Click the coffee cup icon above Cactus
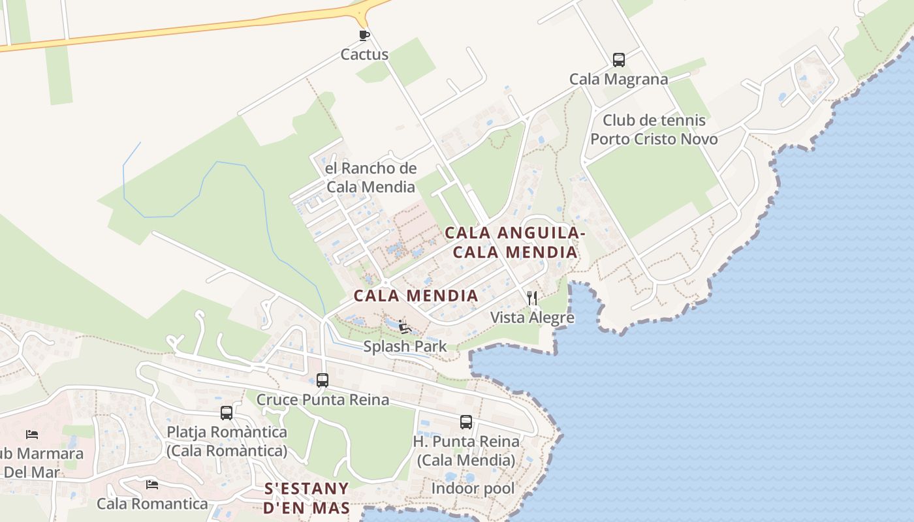click(364, 35)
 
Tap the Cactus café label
click(364, 55)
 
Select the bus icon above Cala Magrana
click(618, 60)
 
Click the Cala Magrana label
click(618, 80)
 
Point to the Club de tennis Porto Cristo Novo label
click(654, 130)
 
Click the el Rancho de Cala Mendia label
click(370, 177)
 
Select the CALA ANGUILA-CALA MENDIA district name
click(514, 242)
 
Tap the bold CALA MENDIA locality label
click(416, 296)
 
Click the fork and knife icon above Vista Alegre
click(532, 298)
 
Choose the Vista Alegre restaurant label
click(532, 318)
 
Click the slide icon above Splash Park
click(404, 326)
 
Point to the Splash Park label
click(405, 346)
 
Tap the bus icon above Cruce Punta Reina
click(322, 380)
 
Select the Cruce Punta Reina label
click(323, 399)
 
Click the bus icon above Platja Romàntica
click(227, 412)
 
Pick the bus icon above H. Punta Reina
click(465, 422)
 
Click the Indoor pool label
click(473, 489)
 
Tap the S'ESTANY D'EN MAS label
click(306, 499)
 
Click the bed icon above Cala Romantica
click(152, 484)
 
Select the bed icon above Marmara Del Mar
click(31, 434)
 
